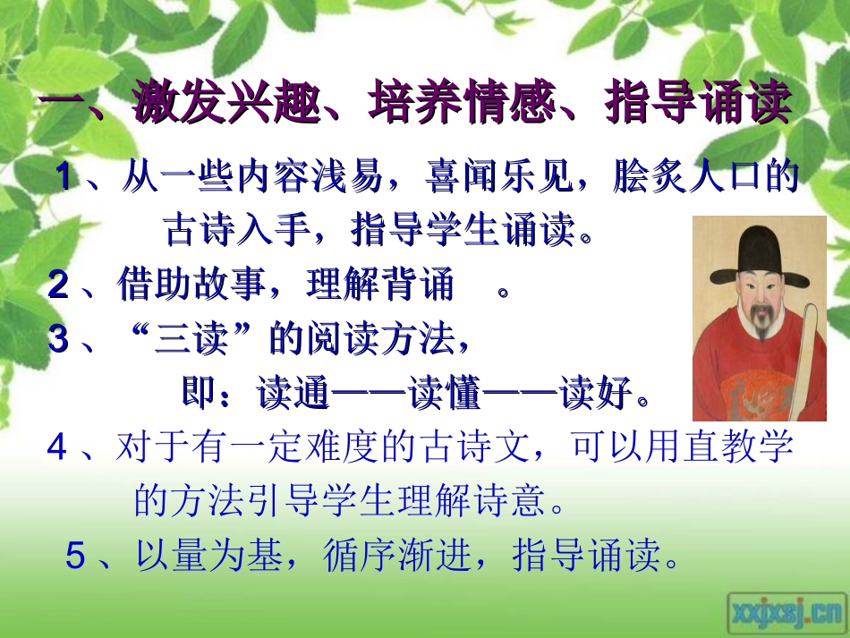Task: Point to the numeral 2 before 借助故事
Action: (x=58, y=285)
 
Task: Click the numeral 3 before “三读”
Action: (x=58, y=340)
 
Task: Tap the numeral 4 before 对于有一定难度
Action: (x=57, y=447)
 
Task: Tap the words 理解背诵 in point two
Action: (x=380, y=285)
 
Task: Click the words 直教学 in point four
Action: (x=737, y=447)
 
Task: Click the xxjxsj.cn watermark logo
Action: (x=786, y=611)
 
